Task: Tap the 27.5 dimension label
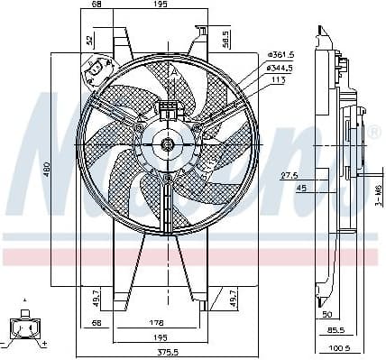point(289,176)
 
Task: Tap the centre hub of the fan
point(167,143)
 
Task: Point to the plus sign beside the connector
point(45,345)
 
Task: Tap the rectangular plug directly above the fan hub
point(167,111)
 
